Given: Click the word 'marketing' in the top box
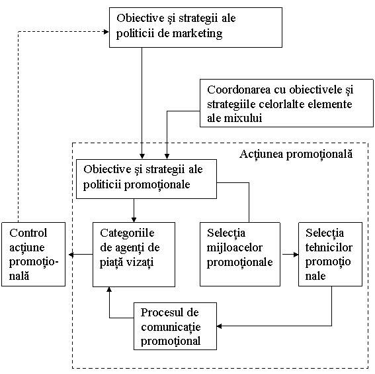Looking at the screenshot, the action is [x=197, y=34].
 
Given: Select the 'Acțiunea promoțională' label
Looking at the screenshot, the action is [x=296, y=154].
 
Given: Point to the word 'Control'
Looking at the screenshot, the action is [x=28, y=233].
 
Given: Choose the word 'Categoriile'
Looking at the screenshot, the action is [x=127, y=233].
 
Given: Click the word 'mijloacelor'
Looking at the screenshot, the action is [x=235, y=247].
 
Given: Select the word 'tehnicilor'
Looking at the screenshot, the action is [x=329, y=247].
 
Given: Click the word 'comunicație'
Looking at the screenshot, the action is [x=171, y=328].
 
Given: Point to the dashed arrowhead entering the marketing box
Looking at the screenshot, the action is [x=106, y=32].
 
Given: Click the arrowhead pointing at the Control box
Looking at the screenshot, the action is [x=71, y=255].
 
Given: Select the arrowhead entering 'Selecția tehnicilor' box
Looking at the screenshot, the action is [x=296, y=255].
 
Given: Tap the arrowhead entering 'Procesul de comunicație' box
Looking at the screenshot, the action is [x=220, y=326].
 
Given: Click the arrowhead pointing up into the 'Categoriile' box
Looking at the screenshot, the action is [x=109, y=289].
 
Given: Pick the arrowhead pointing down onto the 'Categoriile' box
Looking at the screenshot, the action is [x=134, y=219].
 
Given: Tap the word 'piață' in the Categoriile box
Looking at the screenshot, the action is [x=112, y=263].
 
